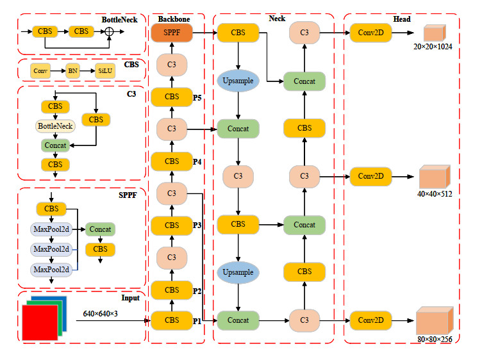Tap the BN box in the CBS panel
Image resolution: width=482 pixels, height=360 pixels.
click(72, 71)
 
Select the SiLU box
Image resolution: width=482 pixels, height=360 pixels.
click(105, 71)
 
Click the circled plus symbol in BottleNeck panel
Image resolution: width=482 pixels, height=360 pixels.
click(109, 31)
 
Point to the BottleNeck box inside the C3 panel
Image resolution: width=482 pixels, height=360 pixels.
click(55, 126)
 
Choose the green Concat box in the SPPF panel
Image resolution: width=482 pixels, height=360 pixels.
click(100, 229)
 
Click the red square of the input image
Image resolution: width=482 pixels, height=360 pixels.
click(40, 322)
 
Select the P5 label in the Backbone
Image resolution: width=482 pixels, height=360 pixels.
click(198, 97)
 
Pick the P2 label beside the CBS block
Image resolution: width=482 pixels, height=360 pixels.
click(198, 290)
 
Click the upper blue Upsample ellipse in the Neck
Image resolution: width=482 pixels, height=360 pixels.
click(238, 81)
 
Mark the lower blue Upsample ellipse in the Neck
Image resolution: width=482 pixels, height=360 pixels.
click(238, 272)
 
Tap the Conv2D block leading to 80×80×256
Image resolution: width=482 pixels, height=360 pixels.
click(371, 319)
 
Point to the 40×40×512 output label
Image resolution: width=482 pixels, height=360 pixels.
click(435, 193)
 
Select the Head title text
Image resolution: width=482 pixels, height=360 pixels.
click(403, 19)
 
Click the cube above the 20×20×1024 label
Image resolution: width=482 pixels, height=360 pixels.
click(433, 33)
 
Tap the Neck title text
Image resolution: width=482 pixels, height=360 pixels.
click(277, 19)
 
